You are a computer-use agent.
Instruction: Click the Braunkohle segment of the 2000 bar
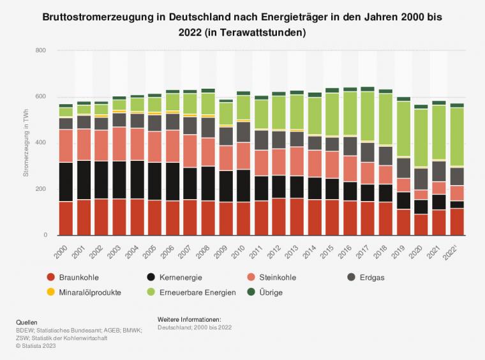(x=66, y=218)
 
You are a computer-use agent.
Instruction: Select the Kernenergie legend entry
(x=175, y=277)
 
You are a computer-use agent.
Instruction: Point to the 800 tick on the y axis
(x=41, y=50)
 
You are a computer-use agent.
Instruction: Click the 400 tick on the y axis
(x=41, y=143)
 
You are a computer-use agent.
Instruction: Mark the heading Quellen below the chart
(x=27, y=322)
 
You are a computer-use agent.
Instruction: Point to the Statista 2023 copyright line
(x=37, y=346)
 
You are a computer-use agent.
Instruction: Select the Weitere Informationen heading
(x=189, y=319)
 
